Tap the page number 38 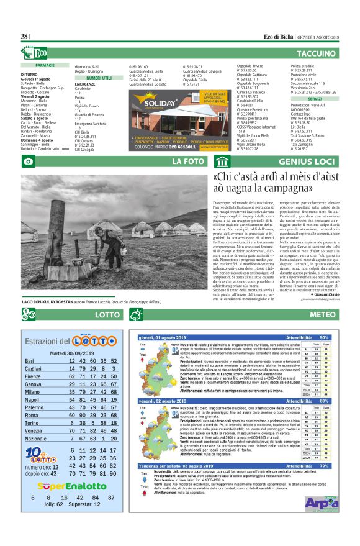pos(25,37)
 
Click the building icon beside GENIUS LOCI pos(222,162)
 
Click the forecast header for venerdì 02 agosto pos(163,402)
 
